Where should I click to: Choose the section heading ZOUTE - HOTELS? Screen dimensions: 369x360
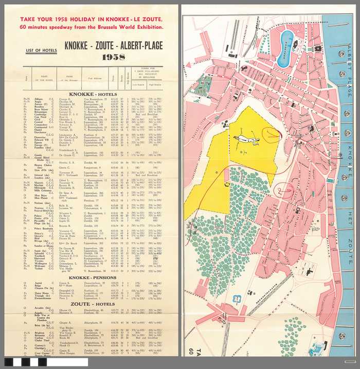94,304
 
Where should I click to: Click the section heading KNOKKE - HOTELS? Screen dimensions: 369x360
94,95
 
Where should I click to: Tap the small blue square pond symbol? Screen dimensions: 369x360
237,298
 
